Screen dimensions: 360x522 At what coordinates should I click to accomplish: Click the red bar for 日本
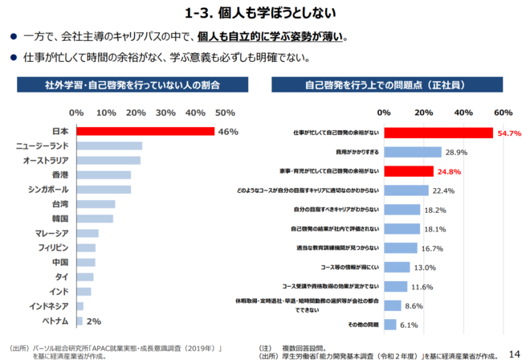click(145, 131)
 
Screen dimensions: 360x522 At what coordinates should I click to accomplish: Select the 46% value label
click(229, 131)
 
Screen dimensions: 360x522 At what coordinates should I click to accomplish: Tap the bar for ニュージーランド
click(109, 145)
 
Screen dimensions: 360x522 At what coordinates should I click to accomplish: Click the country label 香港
click(59, 174)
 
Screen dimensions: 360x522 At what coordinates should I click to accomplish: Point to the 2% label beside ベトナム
click(94, 321)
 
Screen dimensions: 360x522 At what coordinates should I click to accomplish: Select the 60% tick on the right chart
click(503, 112)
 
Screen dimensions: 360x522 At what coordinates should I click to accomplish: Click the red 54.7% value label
click(510, 133)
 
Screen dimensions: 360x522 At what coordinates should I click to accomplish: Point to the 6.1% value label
click(410, 325)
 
